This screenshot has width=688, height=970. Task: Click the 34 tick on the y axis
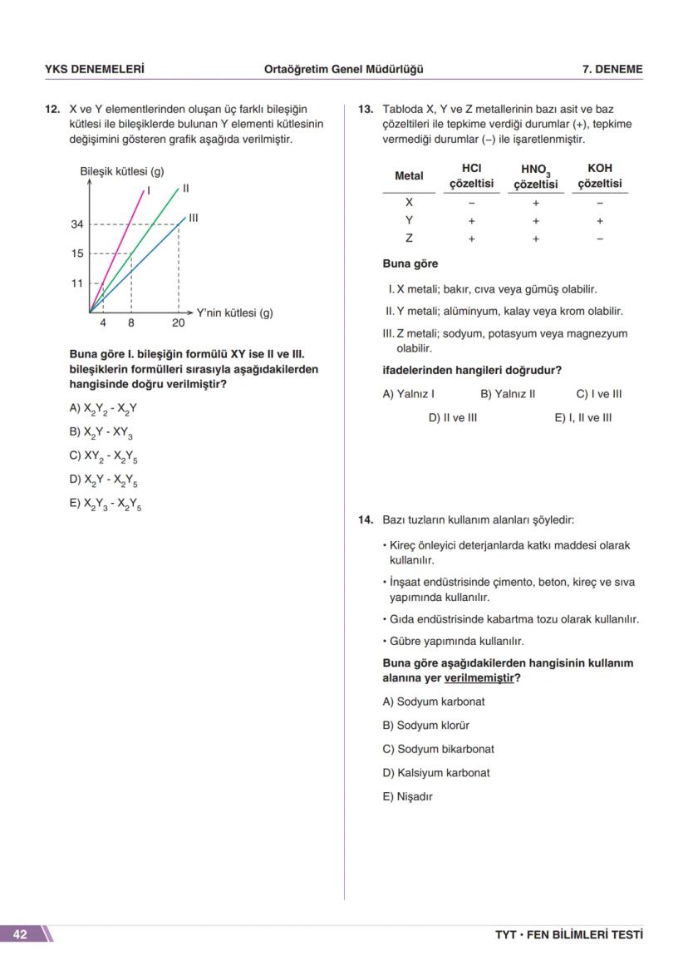(x=76, y=224)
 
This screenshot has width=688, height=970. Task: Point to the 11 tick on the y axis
(x=76, y=283)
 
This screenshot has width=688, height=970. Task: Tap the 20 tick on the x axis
(x=179, y=323)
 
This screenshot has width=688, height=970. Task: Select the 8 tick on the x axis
(x=131, y=323)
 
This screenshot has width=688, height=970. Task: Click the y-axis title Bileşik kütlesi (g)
(x=121, y=172)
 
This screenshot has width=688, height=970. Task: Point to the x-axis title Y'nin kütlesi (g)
(x=234, y=313)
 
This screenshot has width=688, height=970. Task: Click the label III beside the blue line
(x=193, y=218)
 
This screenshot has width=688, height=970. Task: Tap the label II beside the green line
(x=185, y=189)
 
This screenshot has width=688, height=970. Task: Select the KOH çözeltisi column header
(x=599, y=175)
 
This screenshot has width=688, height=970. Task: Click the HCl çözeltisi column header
(x=471, y=175)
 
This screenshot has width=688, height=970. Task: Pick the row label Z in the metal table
(x=409, y=239)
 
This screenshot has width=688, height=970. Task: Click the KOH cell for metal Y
(x=599, y=221)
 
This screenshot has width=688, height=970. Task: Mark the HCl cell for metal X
(x=471, y=203)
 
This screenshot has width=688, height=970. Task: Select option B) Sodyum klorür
(x=425, y=725)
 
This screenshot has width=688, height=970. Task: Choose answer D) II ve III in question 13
(x=452, y=417)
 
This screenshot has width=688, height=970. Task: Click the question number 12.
(x=52, y=109)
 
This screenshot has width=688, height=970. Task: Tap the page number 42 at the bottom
(x=20, y=934)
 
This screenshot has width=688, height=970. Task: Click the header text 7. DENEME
(x=612, y=70)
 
